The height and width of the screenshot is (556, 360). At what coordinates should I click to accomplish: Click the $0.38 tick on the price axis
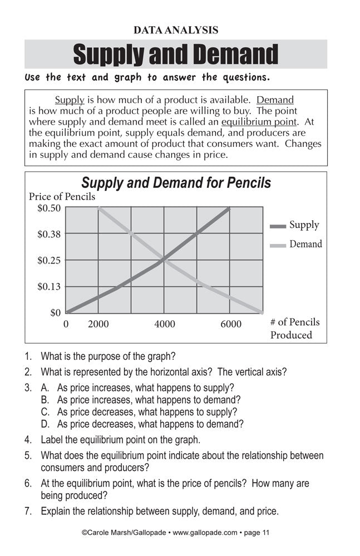click(x=49, y=234)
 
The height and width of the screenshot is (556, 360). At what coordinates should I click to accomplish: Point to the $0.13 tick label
click(x=49, y=287)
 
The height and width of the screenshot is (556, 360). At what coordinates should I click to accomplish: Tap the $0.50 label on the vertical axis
click(x=49, y=208)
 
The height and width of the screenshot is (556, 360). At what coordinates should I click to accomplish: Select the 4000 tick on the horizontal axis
click(x=164, y=324)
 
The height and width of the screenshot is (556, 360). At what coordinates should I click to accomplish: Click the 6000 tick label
click(x=230, y=324)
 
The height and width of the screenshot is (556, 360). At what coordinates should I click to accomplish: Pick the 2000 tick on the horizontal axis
click(x=98, y=324)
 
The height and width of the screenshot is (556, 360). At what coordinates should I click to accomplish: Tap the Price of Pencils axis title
click(x=62, y=196)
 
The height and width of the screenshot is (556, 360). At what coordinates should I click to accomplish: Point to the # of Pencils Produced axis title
click(x=294, y=329)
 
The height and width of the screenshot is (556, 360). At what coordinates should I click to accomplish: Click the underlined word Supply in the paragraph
click(x=70, y=100)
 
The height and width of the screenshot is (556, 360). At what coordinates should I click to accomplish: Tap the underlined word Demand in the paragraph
click(x=275, y=100)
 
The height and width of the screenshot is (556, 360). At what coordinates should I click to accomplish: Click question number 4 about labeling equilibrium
click(x=120, y=440)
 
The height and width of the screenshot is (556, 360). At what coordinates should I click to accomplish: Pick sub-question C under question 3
click(x=139, y=412)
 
